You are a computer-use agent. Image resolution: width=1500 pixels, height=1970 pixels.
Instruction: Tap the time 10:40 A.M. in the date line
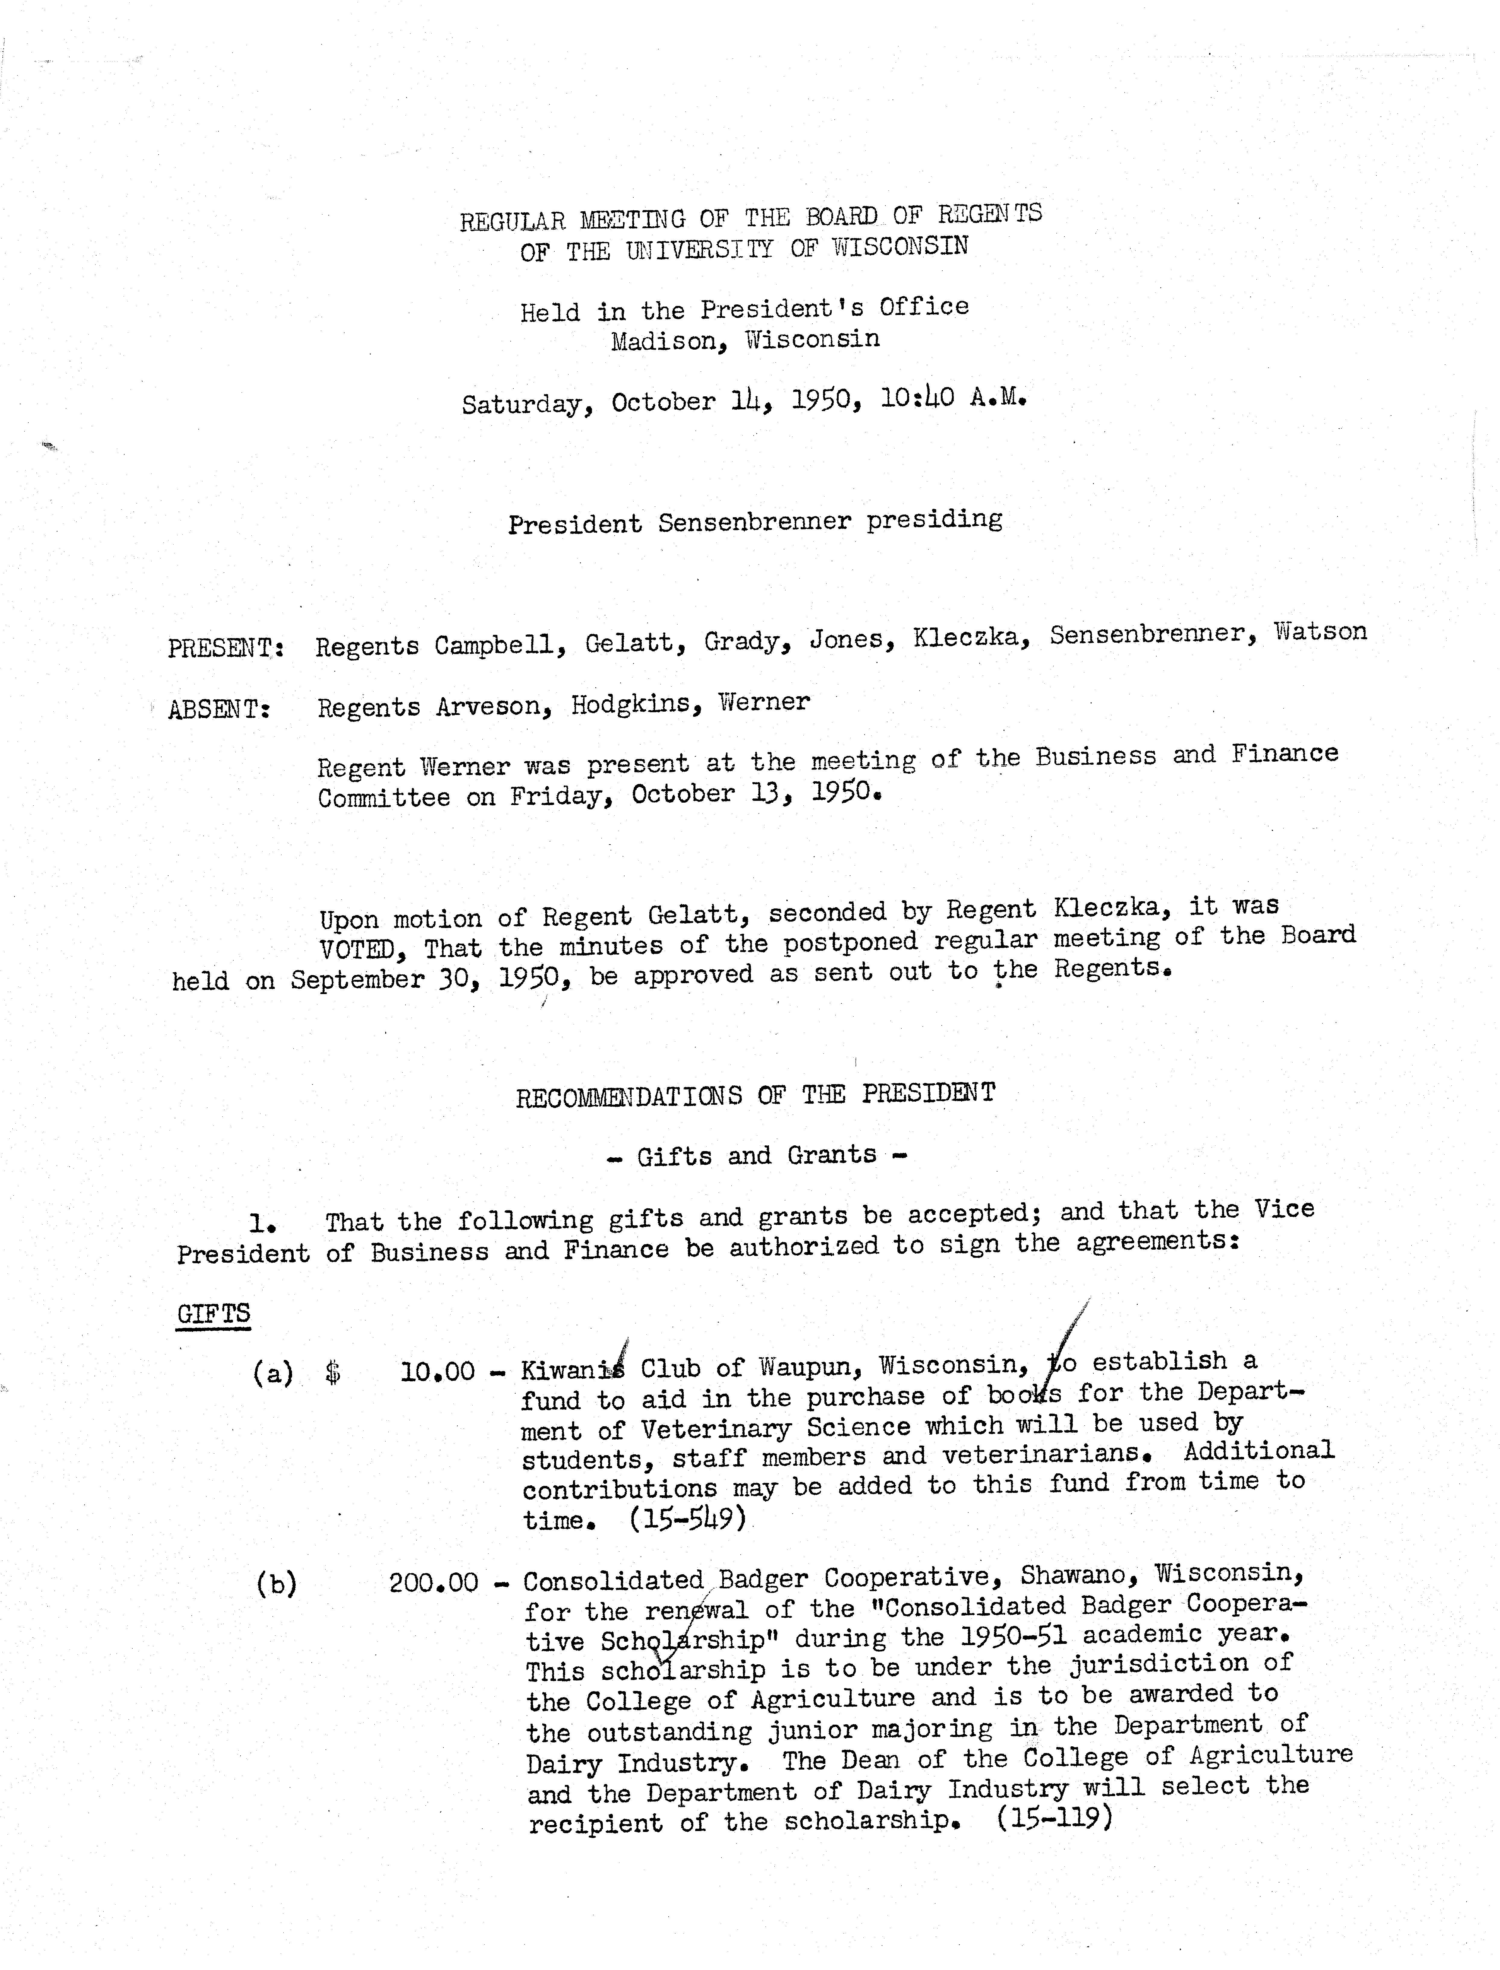click(953, 397)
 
